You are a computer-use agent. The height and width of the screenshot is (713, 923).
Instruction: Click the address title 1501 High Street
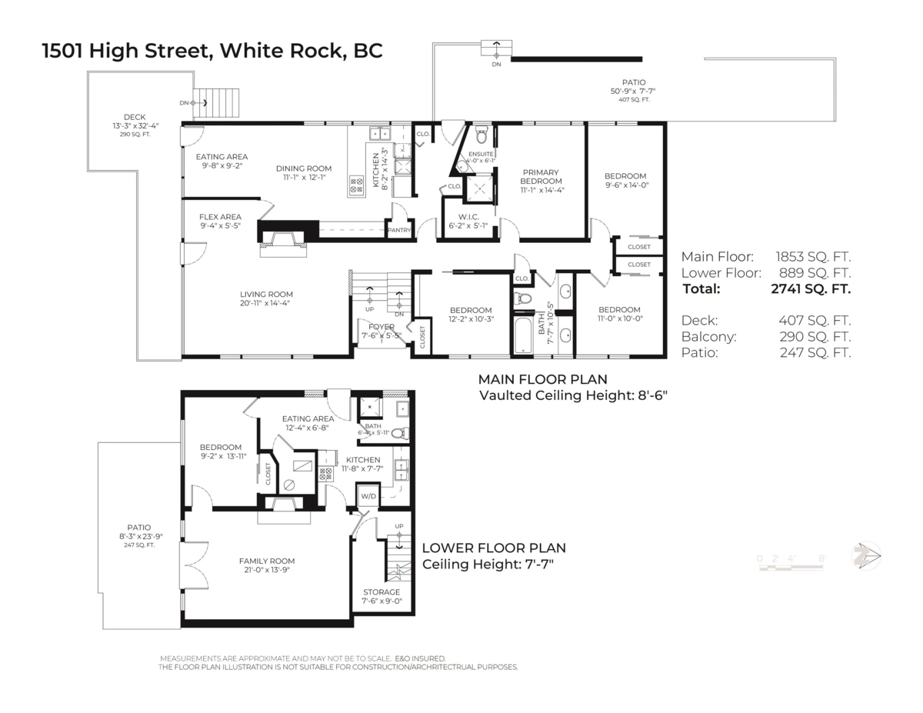click(212, 51)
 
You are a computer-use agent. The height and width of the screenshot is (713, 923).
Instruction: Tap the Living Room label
click(266, 294)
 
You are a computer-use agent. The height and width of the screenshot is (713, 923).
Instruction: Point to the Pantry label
click(399, 230)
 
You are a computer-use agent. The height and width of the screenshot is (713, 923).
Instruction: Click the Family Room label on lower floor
click(266, 561)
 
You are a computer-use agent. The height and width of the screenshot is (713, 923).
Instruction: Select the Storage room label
click(382, 592)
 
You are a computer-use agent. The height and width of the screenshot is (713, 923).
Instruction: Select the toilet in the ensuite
click(482, 136)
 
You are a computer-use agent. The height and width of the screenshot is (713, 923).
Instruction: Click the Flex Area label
click(221, 217)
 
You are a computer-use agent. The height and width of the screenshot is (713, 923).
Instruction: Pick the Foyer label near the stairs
click(381, 327)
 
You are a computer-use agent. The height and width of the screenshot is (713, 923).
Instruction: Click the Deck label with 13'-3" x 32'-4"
click(135, 118)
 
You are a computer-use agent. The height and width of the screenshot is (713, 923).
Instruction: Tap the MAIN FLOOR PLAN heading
click(542, 379)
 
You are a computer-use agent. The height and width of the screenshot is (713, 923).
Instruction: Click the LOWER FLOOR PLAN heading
click(494, 548)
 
